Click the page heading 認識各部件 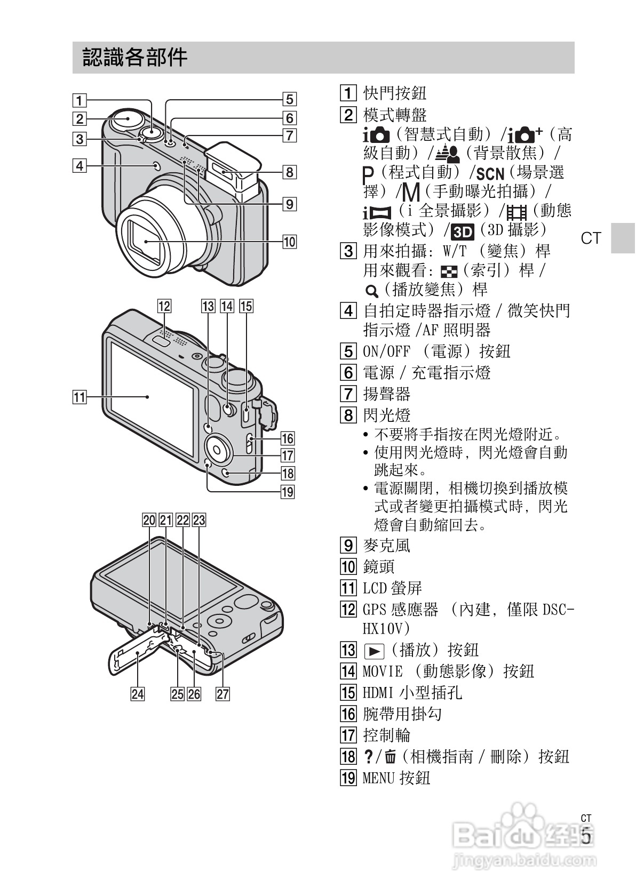click(134, 57)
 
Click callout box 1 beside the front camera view click(79, 100)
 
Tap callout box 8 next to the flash click(289, 172)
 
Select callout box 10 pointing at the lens click(289, 242)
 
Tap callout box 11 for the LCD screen click(79, 397)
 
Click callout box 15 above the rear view click(246, 306)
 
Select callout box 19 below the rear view click(288, 491)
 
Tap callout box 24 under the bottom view click(138, 693)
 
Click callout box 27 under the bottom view click(222, 693)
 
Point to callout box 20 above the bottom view click(149, 520)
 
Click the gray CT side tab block click(623, 238)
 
